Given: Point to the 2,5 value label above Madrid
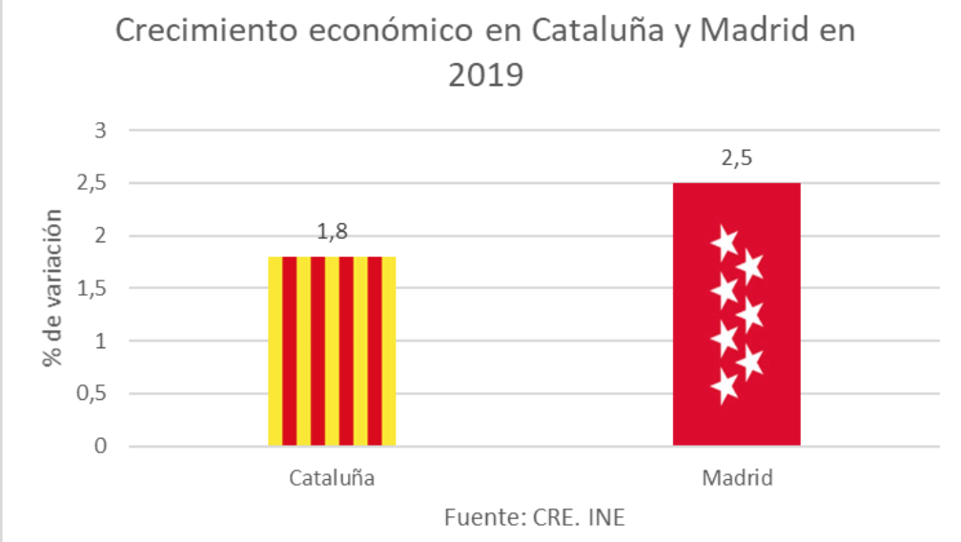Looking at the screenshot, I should point(736,158).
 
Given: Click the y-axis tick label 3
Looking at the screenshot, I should point(101,131).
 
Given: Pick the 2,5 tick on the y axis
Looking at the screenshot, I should point(93,183).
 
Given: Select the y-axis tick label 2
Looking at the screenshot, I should point(101,236).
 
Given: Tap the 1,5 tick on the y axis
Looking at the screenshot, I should point(93,288).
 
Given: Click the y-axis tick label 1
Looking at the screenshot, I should point(101,341).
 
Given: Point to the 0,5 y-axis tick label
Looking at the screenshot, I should point(93,393).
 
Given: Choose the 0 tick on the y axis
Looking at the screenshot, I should point(101,446).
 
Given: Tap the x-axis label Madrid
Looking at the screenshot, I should point(736,477).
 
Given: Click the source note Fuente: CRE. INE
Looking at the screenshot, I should point(535,517).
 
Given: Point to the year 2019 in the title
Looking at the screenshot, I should point(486,74).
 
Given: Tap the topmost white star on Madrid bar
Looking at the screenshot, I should point(725,243).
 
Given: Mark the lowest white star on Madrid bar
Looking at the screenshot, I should point(725,386).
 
